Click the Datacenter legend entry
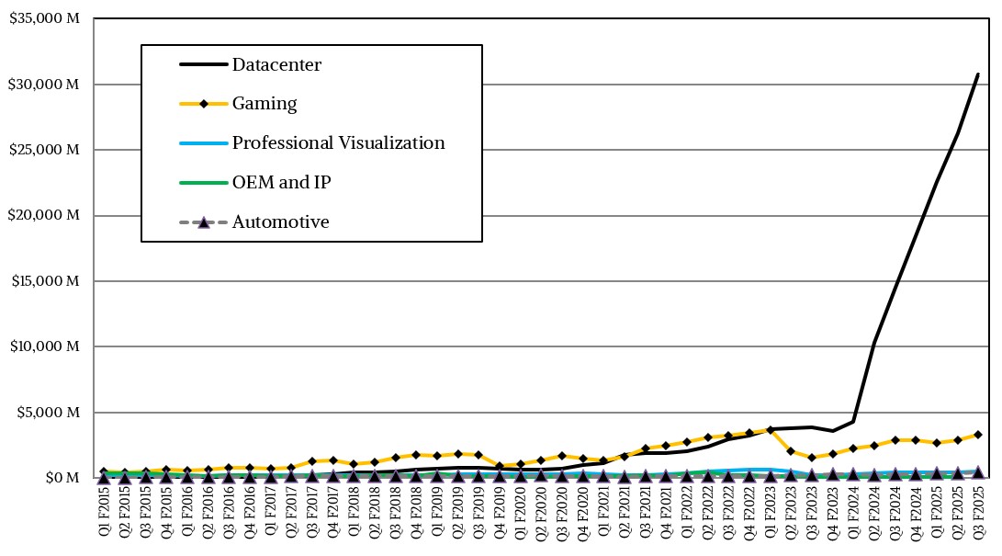[x=276, y=65]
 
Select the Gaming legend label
[x=265, y=104]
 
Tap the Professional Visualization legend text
[x=338, y=143]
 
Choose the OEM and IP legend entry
[x=281, y=183]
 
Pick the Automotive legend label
[x=280, y=222]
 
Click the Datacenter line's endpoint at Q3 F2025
[x=978, y=74]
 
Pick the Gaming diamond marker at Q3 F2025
[x=978, y=435]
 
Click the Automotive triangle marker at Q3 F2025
[x=978, y=471]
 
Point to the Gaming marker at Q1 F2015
[x=104, y=471]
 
